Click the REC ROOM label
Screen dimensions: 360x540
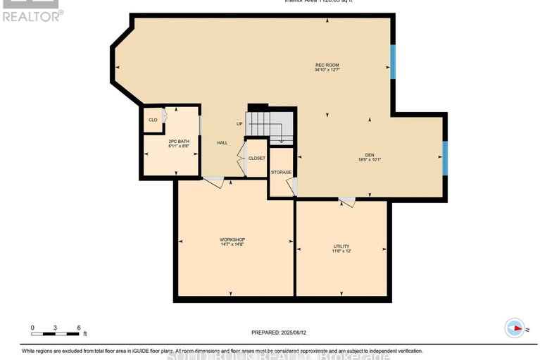[327, 65]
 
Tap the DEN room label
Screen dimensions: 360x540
[369, 154]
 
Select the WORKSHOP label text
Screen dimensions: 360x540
[232, 240]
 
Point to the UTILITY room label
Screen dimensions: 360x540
[341, 247]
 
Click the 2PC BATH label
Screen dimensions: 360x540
[178, 142]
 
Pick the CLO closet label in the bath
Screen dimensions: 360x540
[152, 120]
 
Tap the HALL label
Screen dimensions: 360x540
[222, 143]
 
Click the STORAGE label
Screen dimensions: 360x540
[282, 171]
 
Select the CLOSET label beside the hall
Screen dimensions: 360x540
[256, 159]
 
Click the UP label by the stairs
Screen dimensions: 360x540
[239, 124]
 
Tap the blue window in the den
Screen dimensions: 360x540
[444, 158]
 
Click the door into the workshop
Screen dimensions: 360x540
[214, 182]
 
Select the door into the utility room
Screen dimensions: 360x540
[346, 203]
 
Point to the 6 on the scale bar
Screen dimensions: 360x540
[79, 328]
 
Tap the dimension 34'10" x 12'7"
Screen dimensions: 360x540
[327, 70]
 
